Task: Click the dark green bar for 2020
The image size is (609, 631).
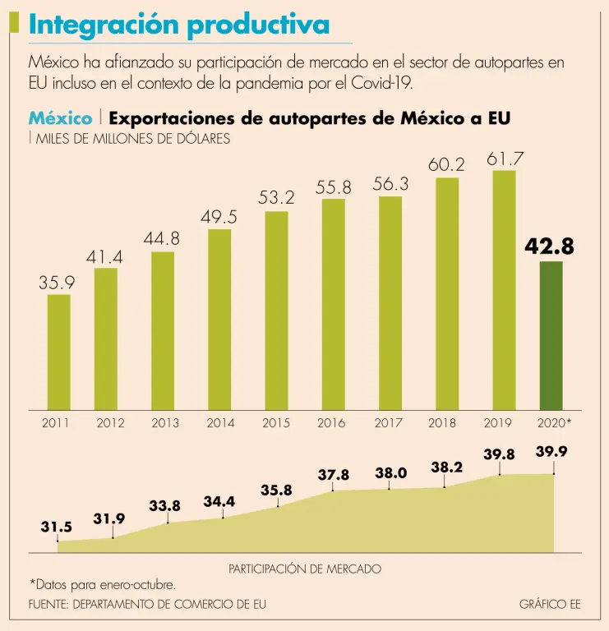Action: coord(551,335)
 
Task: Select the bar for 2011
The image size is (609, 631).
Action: coord(58,352)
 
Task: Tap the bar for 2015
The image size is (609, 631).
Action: coord(276,311)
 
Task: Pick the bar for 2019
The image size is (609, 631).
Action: coord(504,290)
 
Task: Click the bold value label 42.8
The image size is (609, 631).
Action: coord(550,246)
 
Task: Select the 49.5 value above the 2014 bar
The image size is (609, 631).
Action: coord(219,217)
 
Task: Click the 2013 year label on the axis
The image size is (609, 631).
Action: coord(165,424)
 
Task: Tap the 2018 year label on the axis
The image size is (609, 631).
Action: coord(442,424)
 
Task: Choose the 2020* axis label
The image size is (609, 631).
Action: coord(552,424)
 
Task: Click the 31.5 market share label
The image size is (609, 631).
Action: coord(57,527)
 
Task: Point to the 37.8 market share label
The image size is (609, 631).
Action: coord(334,475)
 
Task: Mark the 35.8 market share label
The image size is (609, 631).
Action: coord(276,491)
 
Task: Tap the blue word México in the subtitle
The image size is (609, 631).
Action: coord(60,118)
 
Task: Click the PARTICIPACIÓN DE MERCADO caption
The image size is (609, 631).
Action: coord(305,569)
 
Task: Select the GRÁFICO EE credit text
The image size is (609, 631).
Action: coord(550,604)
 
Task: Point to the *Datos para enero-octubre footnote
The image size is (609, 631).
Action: coord(103,585)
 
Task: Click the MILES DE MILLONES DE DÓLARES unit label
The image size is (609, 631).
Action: coord(132,139)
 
